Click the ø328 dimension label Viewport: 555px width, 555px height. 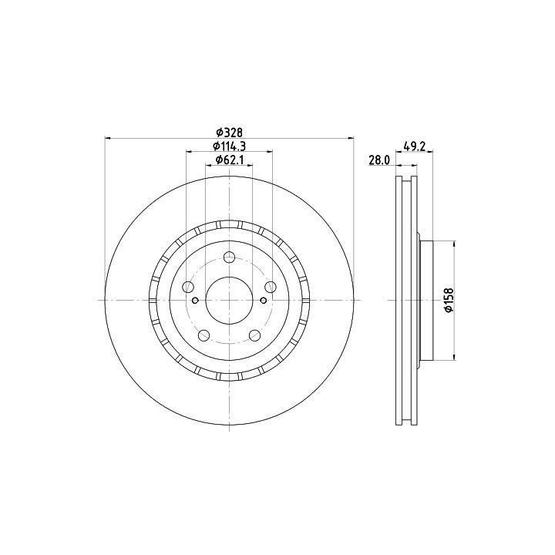(x=230, y=133)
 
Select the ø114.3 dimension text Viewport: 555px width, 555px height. (x=230, y=146)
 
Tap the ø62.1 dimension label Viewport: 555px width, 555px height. (x=230, y=160)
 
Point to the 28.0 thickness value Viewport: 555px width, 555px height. (x=379, y=160)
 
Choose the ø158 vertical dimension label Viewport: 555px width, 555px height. (x=449, y=300)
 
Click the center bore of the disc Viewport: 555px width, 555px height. (x=230, y=300)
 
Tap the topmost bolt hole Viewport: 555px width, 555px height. (x=230, y=257)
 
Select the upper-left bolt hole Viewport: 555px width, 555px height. (x=188, y=287)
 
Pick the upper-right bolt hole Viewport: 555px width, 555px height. (x=271, y=287)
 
